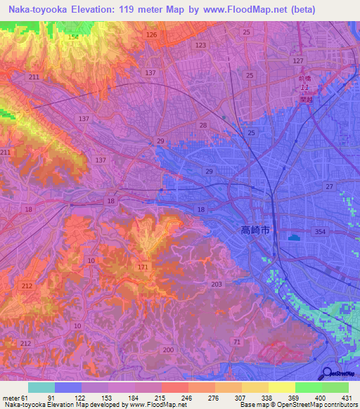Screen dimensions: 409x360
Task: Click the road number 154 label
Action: pos(72,37)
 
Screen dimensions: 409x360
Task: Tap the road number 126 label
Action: pos(151,34)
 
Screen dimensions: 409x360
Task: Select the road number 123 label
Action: pos(202,45)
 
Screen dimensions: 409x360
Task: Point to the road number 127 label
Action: pos(298,61)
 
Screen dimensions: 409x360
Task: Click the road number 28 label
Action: pos(202,125)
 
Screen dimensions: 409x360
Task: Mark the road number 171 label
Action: pos(143,268)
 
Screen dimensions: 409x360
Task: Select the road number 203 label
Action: pos(216,284)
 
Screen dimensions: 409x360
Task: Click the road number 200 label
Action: pos(168,349)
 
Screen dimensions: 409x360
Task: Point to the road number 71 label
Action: pos(237,341)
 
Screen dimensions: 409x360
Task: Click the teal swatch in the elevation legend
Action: pos(41,387)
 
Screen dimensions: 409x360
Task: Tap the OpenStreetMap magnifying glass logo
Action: pos(327,374)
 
